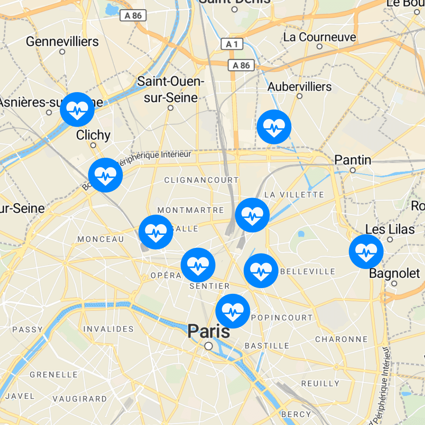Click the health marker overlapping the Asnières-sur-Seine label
click(77, 110)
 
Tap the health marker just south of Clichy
click(105, 175)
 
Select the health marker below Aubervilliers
click(274, 127)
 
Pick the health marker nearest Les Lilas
click(366, 252)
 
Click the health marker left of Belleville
click(261, 271)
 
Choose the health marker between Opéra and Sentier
click(198, 265)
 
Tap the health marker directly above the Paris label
click(233, 311)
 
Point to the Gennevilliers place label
click(62, 42)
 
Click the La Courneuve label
click(320, 37)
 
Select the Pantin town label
click(353, 160)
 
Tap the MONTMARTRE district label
click(191, 210)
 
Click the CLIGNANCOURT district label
click(201, 180)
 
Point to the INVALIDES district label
click(109, 329)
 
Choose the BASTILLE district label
click(267, 346)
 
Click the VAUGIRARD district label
click(80, 399)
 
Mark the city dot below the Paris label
click(209, 346)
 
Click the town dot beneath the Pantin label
click(353, 170)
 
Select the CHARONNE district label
click(341, 340)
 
